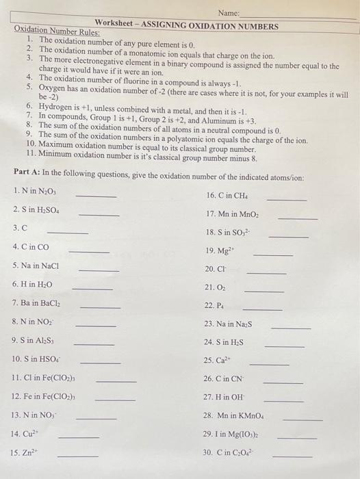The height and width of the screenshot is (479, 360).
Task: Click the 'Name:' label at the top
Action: tap(229, 14)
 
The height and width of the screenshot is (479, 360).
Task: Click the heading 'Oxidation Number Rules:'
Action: tap(57, 32)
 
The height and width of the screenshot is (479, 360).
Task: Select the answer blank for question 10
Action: tap(101, 361)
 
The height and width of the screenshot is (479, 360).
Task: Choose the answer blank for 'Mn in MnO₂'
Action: tap(298, 218)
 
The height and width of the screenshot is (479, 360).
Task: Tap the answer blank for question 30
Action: tap(292, 456)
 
